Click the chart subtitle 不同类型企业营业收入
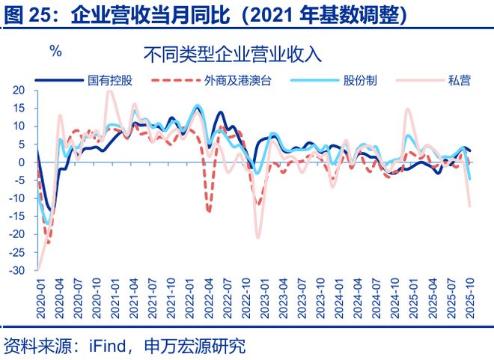tap(232, 55)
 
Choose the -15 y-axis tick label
tap(18, 216)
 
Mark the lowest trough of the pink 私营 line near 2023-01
tap(258, 237)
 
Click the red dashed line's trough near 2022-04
tap(209, 212)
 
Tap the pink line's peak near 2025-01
tap(408, 109)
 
